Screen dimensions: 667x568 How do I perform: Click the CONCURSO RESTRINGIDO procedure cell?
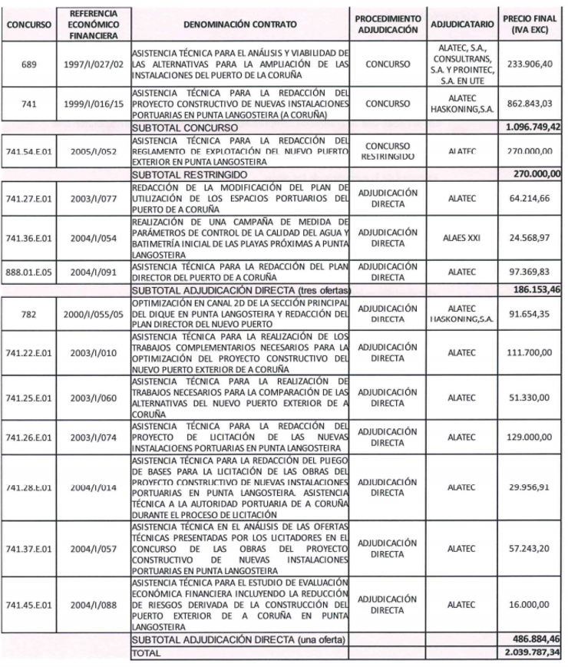388,150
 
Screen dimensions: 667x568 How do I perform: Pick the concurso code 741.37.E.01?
29,549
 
